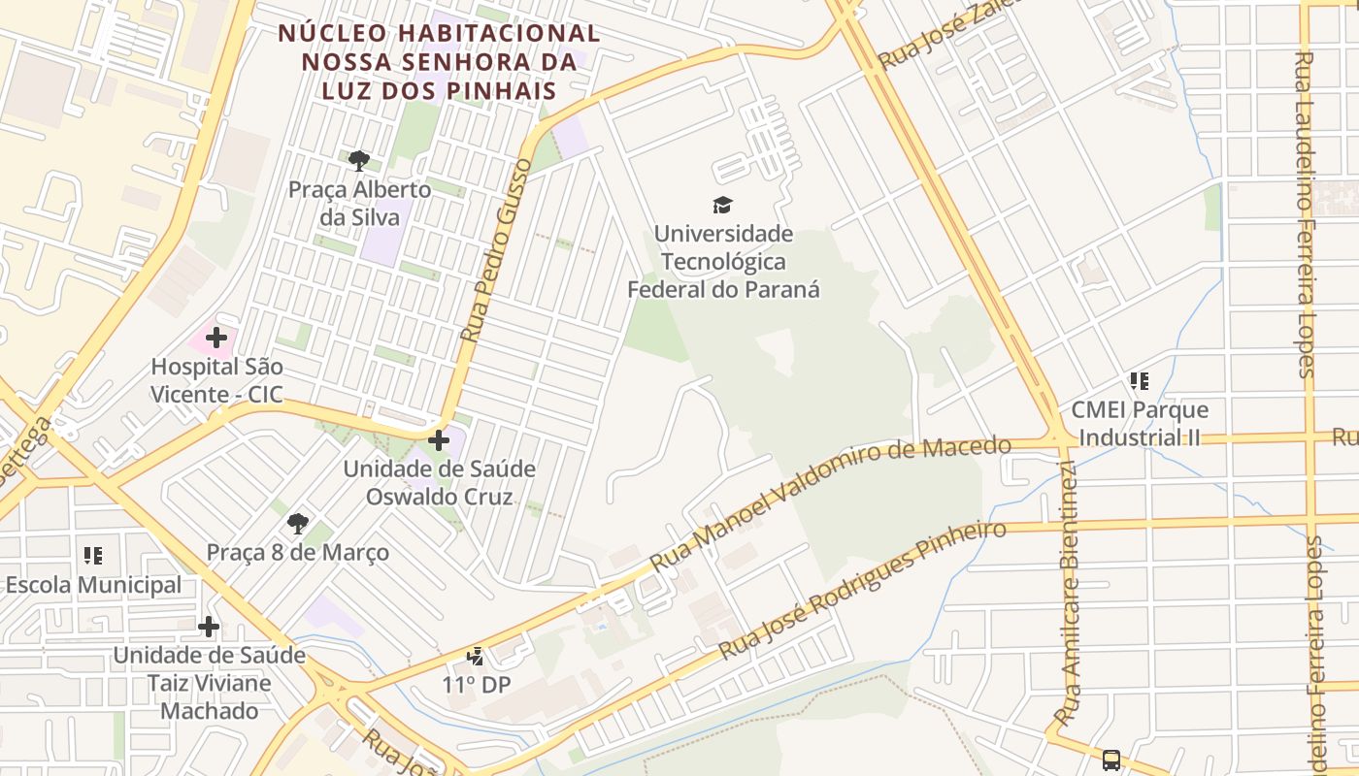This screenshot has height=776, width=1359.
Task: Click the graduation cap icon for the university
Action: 722,205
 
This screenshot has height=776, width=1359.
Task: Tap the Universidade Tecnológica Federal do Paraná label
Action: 723,262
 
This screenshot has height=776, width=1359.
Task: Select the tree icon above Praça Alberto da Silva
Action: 359,160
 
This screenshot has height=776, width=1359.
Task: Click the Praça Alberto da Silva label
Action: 359,203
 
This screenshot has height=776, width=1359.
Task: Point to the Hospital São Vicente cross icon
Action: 216,338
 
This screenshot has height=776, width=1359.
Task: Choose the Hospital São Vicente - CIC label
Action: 216,380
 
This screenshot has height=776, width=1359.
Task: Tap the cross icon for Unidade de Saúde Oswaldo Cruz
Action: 439,440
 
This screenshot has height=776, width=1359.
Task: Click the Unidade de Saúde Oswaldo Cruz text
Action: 439,483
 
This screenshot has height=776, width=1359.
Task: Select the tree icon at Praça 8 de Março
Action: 298,524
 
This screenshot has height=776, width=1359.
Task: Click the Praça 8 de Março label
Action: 298,552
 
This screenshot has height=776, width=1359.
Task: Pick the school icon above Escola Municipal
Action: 93,556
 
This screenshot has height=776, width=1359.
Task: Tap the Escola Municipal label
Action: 93,585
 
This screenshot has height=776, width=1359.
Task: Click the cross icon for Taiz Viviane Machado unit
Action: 209,627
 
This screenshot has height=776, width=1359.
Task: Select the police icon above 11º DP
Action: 476,657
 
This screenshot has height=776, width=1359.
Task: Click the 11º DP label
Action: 476,685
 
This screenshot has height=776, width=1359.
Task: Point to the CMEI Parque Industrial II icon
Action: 1139,381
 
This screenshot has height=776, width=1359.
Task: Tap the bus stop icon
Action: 1111,760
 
